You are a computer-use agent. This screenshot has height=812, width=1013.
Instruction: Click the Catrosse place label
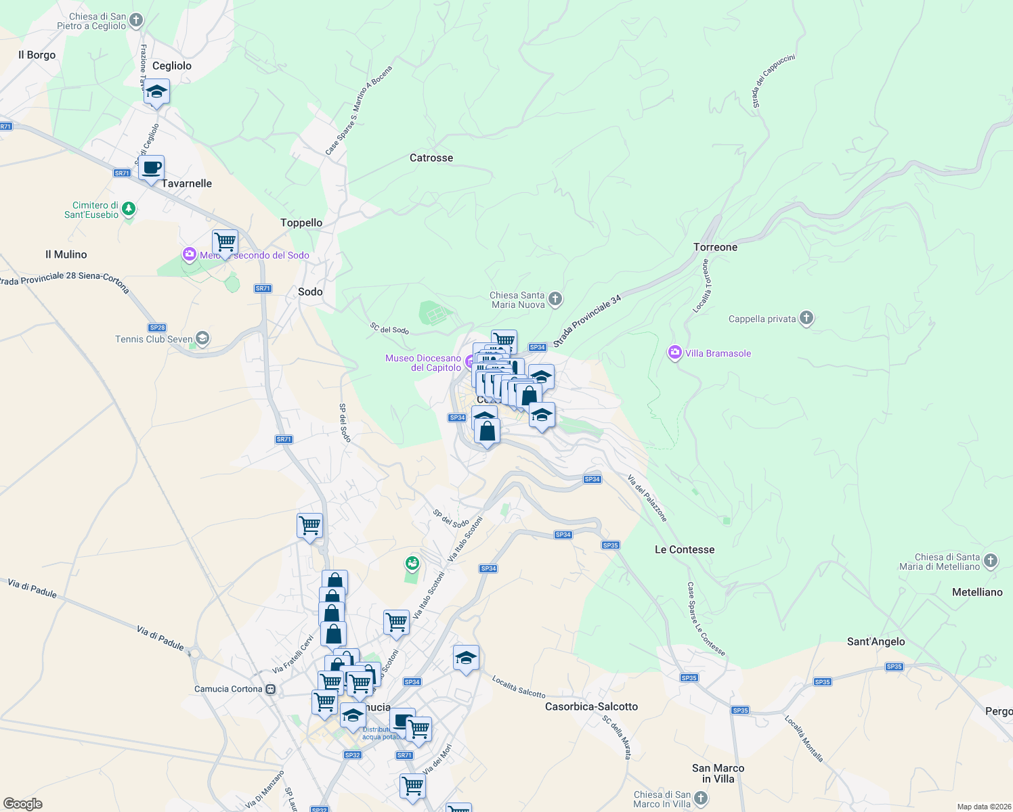(431, 158)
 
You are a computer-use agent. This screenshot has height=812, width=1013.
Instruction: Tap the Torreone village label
(715, 247)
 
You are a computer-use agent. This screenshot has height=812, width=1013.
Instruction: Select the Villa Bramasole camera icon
(674, 353)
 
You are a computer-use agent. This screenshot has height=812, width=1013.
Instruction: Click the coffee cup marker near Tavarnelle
(152, 167)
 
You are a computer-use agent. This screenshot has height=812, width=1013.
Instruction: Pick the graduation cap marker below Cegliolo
(156, 91)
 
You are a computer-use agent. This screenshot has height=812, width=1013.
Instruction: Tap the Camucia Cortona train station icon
(270, 690)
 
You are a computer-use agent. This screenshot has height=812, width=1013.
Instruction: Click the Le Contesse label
(685, 549)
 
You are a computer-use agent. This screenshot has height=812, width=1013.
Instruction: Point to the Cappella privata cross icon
(806, 318)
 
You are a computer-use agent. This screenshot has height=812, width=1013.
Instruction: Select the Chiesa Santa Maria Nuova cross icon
(555, 298)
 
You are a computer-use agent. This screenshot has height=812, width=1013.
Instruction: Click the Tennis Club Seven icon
(202, 338)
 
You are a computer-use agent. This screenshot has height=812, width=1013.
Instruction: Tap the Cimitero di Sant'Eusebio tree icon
(128, 210)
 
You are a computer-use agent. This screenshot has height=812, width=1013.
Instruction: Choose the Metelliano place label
(977, 592)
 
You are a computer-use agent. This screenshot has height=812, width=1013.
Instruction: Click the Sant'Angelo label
(876, 641)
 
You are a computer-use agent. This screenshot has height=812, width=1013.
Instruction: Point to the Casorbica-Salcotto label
(592, 706)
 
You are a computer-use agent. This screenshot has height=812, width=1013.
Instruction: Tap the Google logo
(22, 804)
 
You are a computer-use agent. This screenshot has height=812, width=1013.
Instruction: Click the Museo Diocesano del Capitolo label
(423, 363)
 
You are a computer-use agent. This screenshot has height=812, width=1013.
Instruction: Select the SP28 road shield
(157, 328)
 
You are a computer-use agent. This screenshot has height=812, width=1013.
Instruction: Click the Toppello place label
(301, 223)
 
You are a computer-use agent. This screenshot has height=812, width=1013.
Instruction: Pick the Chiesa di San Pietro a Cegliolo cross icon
(136, 20)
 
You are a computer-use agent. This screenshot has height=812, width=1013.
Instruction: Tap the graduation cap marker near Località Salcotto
(466, 658)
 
